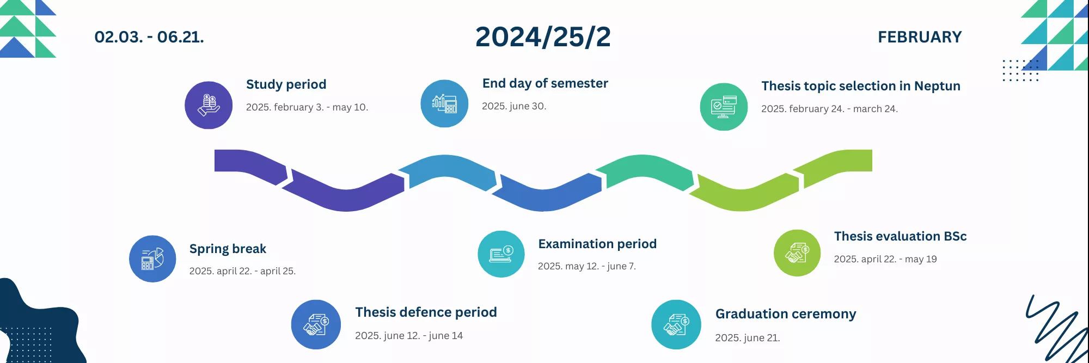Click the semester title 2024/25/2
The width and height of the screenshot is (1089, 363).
point(543,37)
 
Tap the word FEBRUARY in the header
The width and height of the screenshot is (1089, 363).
point(920,37)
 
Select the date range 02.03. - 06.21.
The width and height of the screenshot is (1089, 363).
point(149,37)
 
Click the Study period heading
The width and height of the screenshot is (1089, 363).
point(286,84)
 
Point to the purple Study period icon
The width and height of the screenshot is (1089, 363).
point(209,105)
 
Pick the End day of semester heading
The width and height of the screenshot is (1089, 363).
point(545,83)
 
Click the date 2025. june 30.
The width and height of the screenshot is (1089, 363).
point(514,106)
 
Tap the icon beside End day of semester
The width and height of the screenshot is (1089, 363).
point(444,103)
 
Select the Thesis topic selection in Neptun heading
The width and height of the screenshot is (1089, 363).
point(861,86)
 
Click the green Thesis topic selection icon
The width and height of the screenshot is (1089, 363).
point(724,107)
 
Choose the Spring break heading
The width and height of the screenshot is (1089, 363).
point(228,249)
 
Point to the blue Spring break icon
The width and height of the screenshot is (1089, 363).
point(152,259)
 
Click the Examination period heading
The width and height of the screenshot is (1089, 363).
point(597,244)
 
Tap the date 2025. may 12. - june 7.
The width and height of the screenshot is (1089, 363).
point(587,266)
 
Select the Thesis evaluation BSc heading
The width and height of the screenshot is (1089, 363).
point(900,236)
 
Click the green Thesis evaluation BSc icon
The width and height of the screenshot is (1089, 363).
point(797,253)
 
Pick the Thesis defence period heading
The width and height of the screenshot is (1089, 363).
point(426,312)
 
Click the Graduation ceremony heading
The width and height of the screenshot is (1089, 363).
point(786,314)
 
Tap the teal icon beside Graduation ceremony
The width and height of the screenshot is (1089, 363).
point(676,324)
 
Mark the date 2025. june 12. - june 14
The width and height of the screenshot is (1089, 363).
point(409,336)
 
